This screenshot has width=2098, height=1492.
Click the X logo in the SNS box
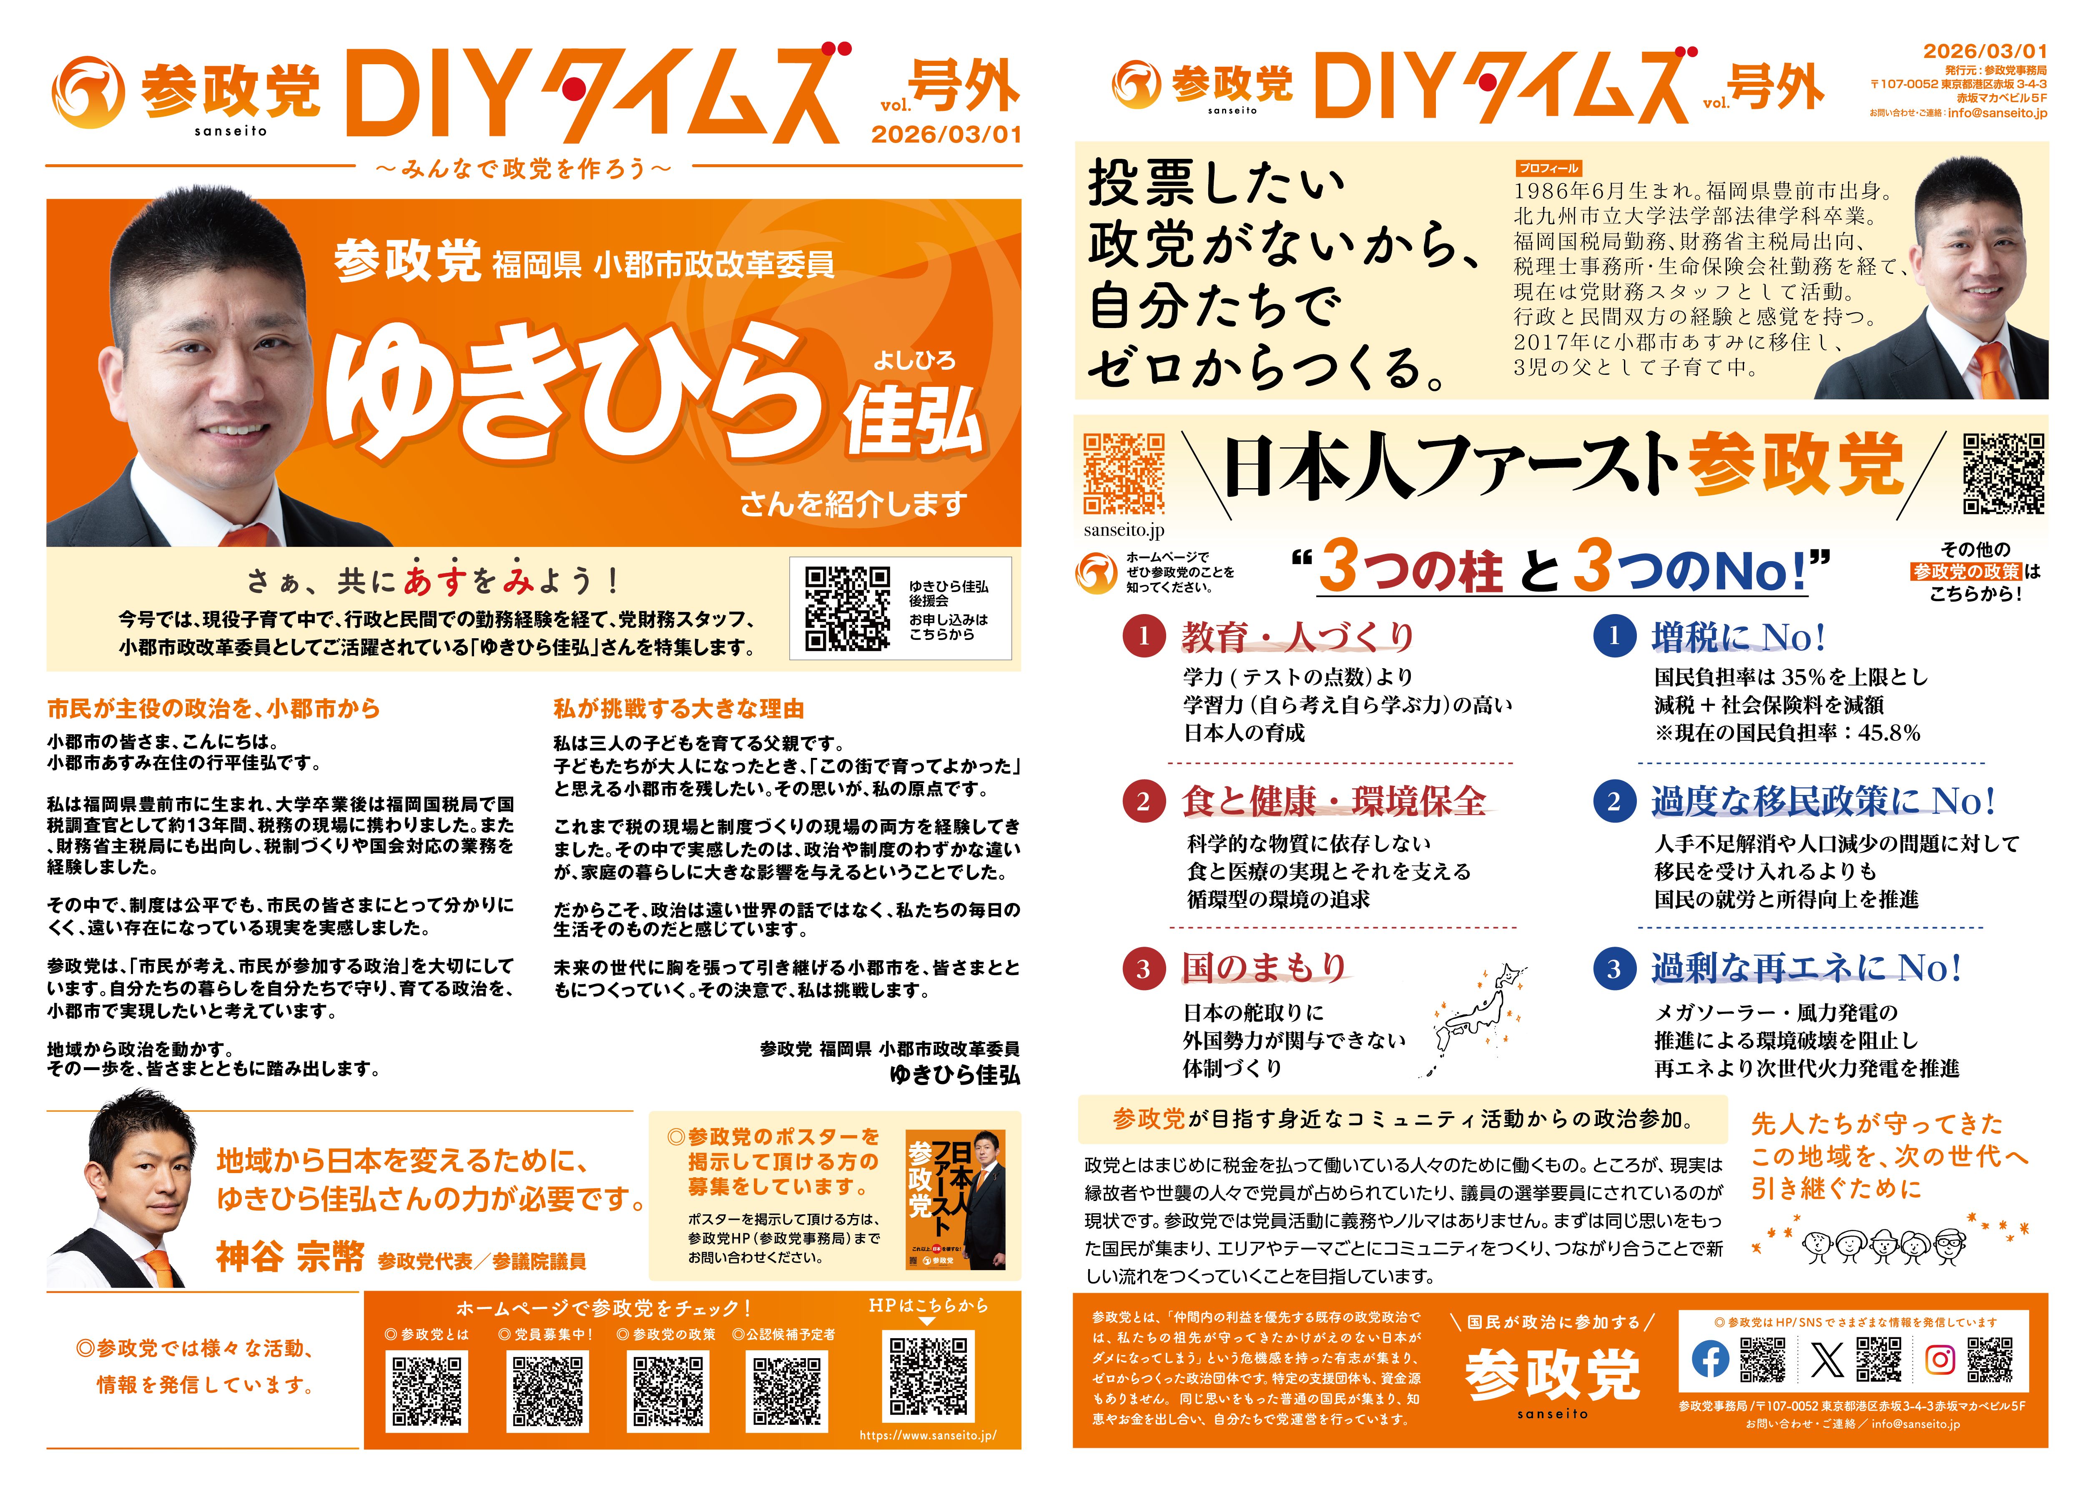click(1826, 1359)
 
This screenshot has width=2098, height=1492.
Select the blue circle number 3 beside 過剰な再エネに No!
click(1614, 968)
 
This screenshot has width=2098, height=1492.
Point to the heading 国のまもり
click(1264, 968)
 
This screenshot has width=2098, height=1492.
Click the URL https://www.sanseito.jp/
click(928, 1435)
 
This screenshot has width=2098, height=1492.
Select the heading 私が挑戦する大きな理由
click(679, 708)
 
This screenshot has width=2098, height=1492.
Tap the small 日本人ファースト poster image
click(955, 1200)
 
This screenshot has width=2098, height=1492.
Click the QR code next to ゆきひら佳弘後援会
click(847, 608)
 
